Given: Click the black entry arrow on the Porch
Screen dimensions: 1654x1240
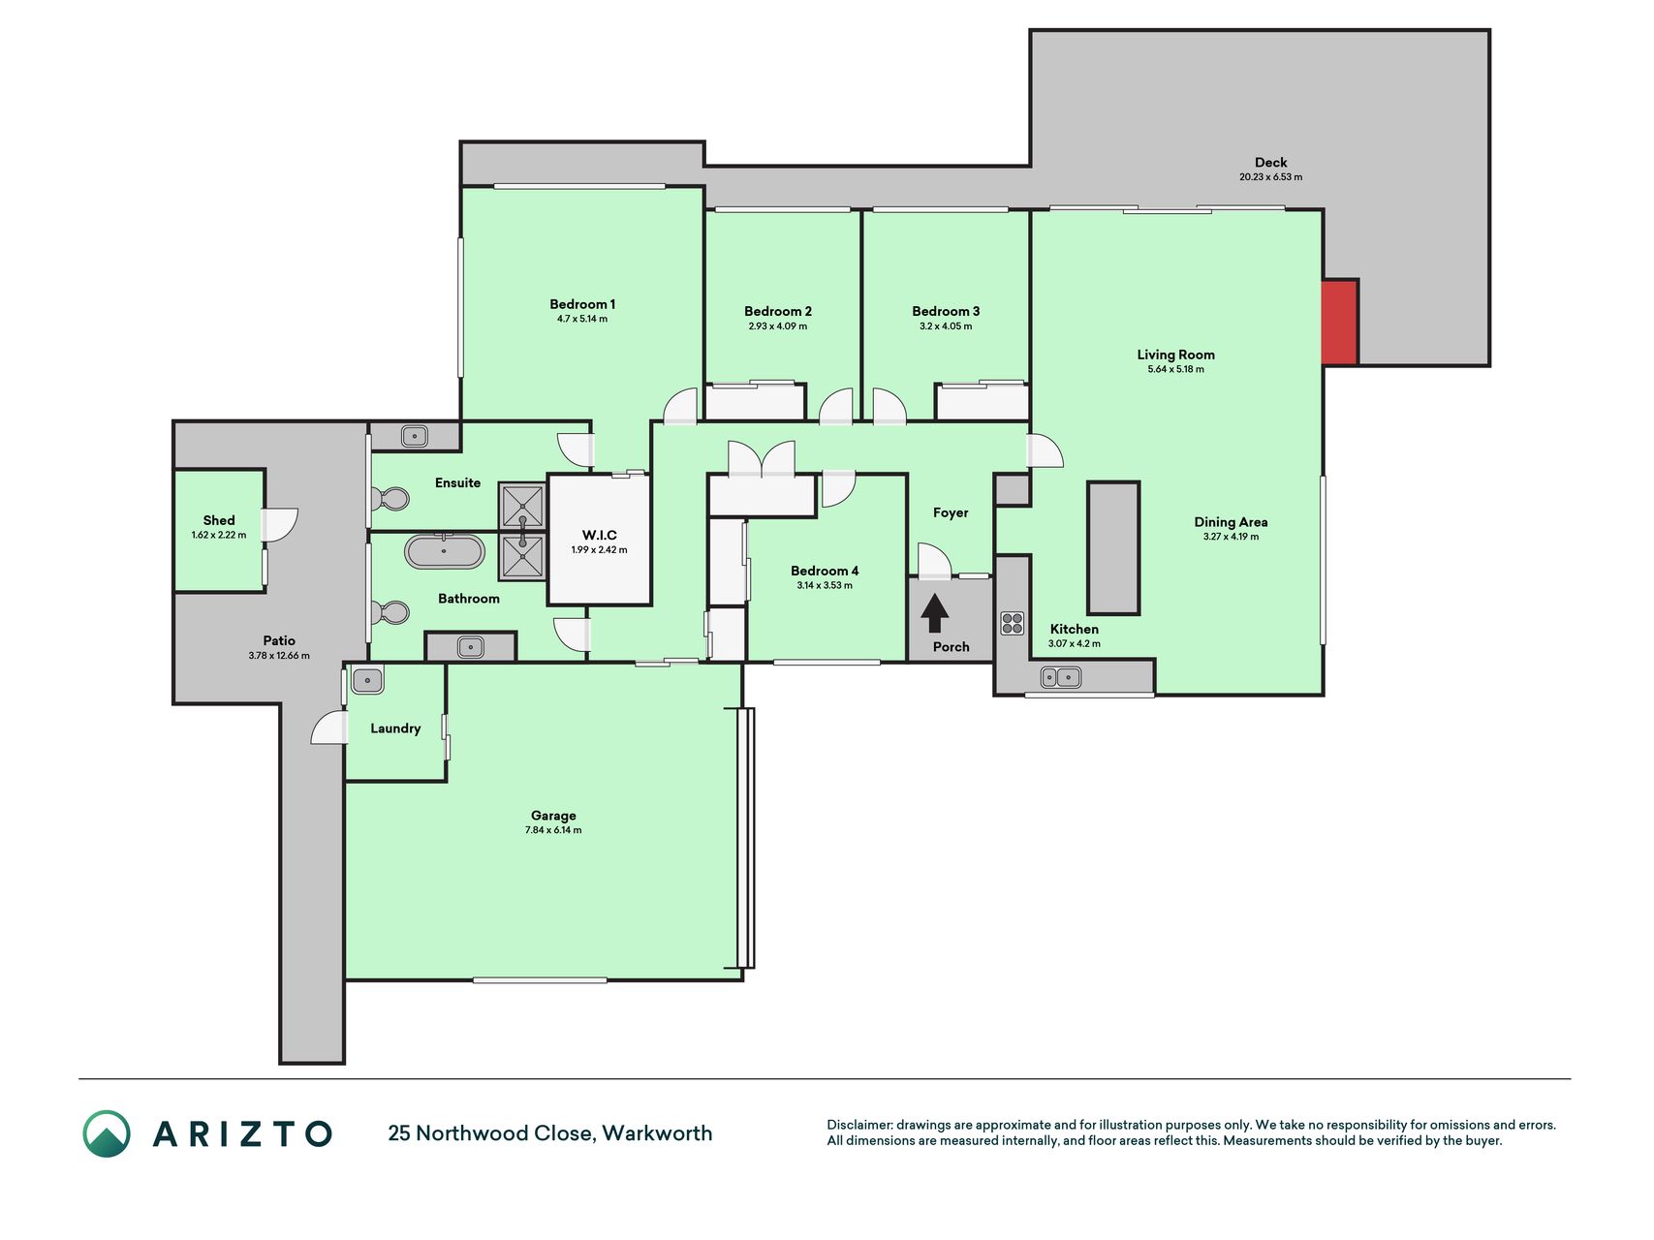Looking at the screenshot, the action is point(934,613).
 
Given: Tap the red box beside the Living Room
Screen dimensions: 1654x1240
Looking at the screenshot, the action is point(1340,323).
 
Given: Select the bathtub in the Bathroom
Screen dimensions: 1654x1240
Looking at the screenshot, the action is point(444,551).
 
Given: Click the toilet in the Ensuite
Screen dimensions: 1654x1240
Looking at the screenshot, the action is point(390,500).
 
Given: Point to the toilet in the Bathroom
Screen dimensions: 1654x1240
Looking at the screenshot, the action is point(390,612).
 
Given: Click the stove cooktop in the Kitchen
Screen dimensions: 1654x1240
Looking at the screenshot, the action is point(1013,623).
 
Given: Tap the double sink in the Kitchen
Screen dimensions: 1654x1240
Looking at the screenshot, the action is point(1061,677).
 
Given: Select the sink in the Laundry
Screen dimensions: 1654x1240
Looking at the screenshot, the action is point(367,680).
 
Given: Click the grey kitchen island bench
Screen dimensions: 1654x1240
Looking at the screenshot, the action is point(1113,548).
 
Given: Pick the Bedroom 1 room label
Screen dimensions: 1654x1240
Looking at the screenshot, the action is point(582,304).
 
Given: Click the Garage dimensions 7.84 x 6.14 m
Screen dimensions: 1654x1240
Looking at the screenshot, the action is point(553,830).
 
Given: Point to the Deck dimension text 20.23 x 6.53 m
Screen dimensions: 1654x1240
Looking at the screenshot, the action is point(1270,177).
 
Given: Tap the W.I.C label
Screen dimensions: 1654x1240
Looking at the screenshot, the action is point(599,535).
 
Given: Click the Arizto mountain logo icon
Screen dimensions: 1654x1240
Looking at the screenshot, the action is point(107,1133).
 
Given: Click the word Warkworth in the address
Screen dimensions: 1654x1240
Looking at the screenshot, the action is point(657,1133).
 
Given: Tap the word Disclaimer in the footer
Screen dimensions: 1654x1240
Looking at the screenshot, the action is point(859,1125).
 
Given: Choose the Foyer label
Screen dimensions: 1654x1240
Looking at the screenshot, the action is point(951,512).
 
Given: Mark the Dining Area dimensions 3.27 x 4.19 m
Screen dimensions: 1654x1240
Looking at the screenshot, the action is point(1231,537).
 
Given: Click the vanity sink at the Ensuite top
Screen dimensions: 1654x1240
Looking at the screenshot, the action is point(415,436).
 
